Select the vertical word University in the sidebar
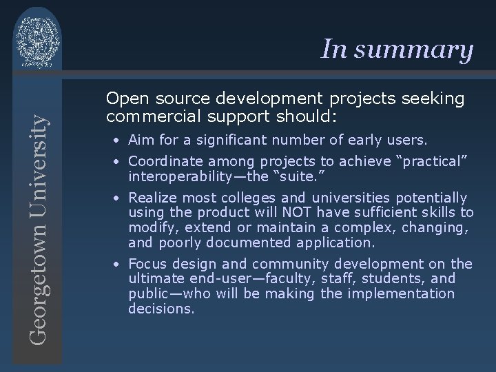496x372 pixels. [39, 158]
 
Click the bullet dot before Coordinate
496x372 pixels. [119, 161]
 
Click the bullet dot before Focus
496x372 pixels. [119, 265]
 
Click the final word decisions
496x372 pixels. [161, 309]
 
